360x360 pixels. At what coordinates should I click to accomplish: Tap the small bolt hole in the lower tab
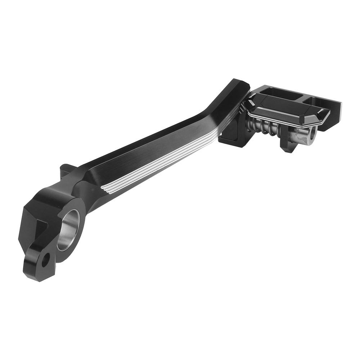45,260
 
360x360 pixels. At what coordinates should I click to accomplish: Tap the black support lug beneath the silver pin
288,146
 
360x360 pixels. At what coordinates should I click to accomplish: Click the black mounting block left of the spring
230,135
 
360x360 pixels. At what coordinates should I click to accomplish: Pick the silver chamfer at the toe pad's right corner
324,117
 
